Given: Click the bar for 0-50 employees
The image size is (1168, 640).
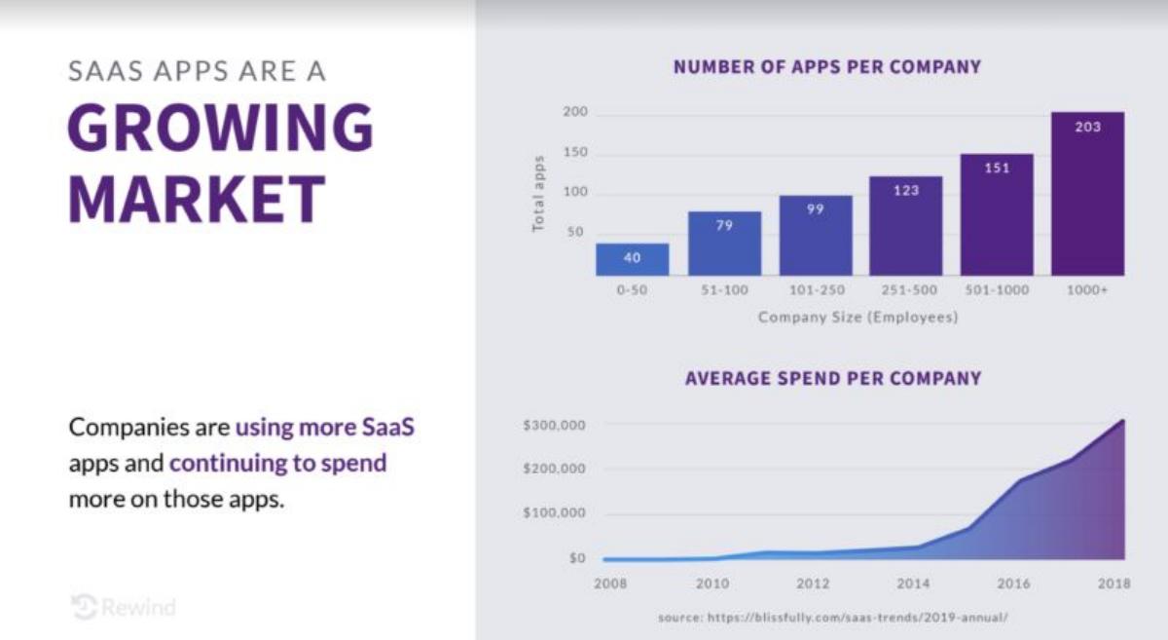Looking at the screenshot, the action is (x=632, y=259).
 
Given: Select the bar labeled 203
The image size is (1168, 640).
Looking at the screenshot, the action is (x=1088, y=194).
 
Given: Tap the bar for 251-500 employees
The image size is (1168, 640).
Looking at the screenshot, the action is (x=906, y=226).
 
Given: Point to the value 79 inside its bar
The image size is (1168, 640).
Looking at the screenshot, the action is (x=724, y=225).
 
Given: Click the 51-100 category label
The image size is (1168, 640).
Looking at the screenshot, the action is (x=724, y=289).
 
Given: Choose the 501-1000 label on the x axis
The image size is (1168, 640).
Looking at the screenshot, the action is (x=997, y=289).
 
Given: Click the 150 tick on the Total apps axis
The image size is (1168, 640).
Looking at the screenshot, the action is (x=575, y=152).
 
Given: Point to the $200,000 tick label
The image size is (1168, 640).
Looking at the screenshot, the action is (x=554, y=469).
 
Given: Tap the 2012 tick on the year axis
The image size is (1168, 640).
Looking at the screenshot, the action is (x=813, y=584).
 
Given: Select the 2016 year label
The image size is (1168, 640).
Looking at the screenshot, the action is (x=1013, y=584).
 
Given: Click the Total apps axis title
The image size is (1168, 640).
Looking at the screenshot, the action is (x=538, y=194).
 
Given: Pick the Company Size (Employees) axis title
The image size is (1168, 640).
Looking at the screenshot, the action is (x=858, y=317).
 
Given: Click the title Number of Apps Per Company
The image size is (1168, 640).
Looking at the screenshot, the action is (x=827, y=67).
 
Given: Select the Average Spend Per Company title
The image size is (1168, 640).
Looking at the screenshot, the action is (x=833, y=378).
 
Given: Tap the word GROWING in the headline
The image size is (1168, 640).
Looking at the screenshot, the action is (x=221, y=128).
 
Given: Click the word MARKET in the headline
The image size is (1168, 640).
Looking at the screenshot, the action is (x=197, y=200).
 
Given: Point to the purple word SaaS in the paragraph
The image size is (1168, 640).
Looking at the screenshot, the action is (x=388, y=427).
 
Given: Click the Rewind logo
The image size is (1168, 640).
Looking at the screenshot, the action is (x=124, y=607).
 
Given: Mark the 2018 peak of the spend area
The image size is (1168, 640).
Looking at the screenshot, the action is (x=1122, y=420).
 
